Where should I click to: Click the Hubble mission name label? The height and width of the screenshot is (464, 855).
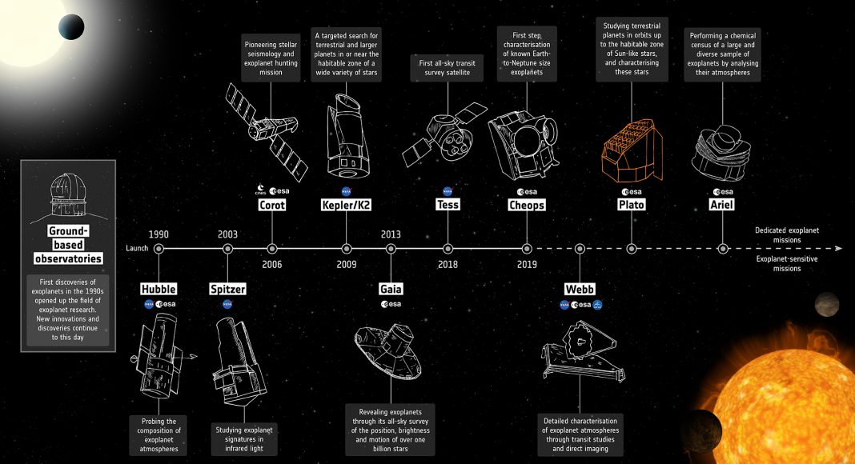point(159,289)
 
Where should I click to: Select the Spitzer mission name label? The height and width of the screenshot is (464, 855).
point(228,289)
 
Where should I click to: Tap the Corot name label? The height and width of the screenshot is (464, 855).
point(271,205)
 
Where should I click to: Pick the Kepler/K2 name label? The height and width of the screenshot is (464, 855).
point(347,205)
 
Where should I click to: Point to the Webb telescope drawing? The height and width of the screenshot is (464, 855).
point(582,350)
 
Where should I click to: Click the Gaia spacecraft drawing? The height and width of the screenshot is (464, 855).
point(388,351)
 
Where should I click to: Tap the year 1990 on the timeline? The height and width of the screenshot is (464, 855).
point(159,234)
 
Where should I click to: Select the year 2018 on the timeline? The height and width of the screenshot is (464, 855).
point(448,265)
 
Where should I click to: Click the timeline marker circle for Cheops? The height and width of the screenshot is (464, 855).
point(527,249)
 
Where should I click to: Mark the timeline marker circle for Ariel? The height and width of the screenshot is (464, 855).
point(722,249)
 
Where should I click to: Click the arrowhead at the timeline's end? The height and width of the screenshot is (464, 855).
point(839,249)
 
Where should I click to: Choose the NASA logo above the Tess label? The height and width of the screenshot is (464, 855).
point(448,191)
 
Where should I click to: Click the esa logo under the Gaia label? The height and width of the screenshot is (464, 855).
point(391,305)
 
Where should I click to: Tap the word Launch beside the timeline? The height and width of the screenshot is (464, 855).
point(137,248)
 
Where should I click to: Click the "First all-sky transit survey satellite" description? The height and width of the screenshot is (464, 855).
point(448,67)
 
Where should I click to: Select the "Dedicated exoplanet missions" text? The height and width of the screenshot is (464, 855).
point(787,234)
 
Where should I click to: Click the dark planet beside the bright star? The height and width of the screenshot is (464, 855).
point(71,26)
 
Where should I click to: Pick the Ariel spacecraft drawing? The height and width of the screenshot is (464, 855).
point(721,153)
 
